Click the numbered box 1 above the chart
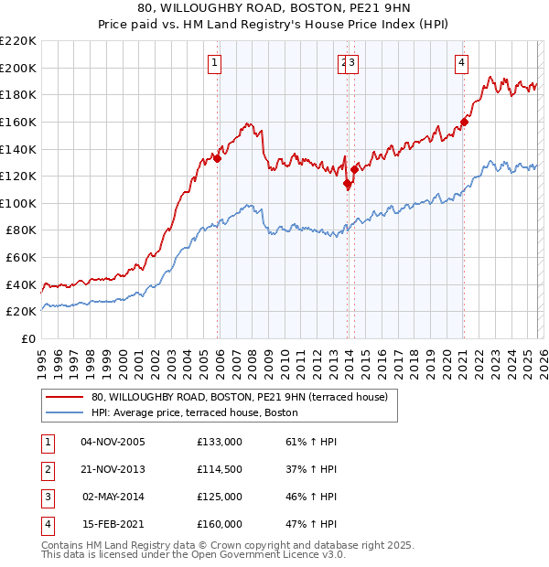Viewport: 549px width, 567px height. point(214,63)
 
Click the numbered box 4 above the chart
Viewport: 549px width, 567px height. point(461,63)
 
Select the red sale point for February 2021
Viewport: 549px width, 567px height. point(465,122)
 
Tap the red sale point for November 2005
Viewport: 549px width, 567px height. point(218,158)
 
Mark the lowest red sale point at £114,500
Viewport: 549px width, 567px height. point(348,184)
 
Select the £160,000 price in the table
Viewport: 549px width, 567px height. point(220,524)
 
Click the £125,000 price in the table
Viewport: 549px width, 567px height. point(220,497)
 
